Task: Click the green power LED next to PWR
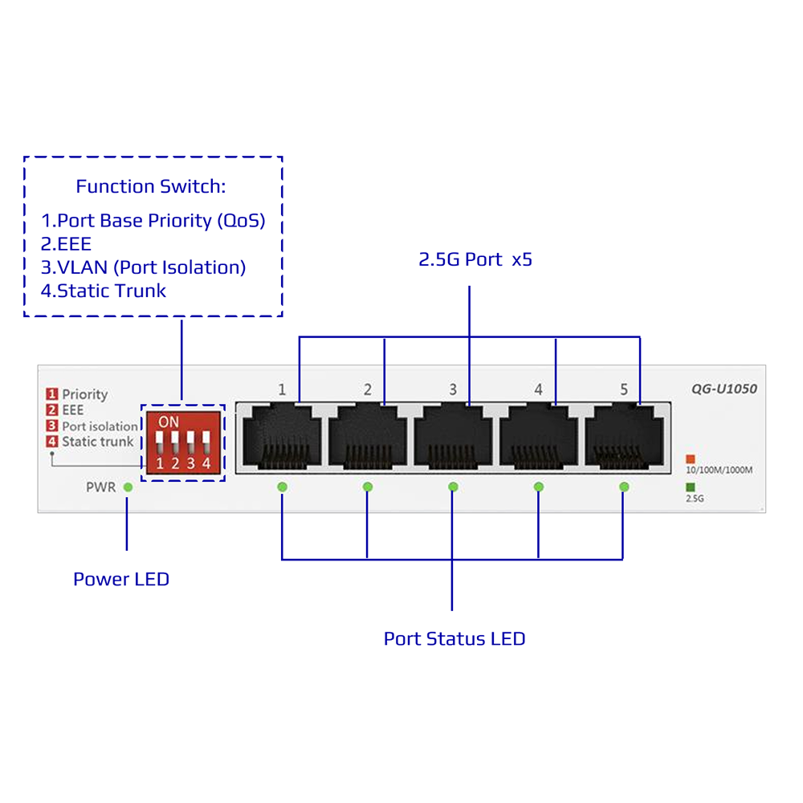click(128, 487)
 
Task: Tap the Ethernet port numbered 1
click(282, 436)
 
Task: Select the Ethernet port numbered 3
click(453, 436)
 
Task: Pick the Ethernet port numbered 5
click(624, 436)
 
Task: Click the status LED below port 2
click(367, 487)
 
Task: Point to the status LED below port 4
click(538, 487)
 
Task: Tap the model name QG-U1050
click(724, 389)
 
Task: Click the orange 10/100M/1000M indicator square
click(691, 459)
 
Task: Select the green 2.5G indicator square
click(691, 487)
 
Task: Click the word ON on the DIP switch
click(169, 422)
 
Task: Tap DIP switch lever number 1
click(159, 440)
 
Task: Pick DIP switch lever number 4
click(206, 440)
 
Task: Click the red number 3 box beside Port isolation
click(51, 426)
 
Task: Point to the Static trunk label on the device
click(97, 442)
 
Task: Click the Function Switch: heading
click(151, 186)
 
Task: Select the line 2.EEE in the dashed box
click(66, 244)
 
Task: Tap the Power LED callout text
click(121, 579)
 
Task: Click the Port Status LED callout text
click(454, 638)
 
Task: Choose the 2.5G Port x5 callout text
click(475, 259)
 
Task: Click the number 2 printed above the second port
click(368, 389)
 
